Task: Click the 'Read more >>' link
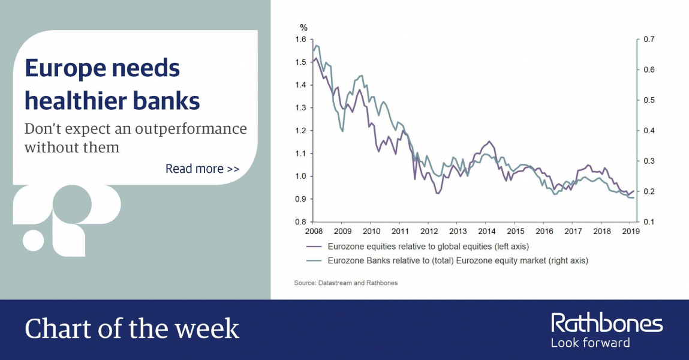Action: pyautogui.click(x=202, y=169)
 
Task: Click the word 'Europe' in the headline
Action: pyautogui.click(x=65, y=68)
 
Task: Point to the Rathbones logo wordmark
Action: pyautogui.click(x=607, y=323)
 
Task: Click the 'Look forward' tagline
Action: pyautogui.click(x=590, y=343)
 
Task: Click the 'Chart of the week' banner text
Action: pyautogui.click(x=132, y=329)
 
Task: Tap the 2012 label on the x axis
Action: pyautogui.click(x=429, y=231)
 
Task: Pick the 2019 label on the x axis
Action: pyautogui.click(x=631, y=231)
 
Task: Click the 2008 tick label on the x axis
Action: pyautogui.click(x=314, y=231)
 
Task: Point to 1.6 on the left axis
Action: pyautogui.click(x=300, y=40)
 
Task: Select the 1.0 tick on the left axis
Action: pyautogui.click(x=300, y=176)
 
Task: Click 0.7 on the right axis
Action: pyautogui.click(x=649, y=40)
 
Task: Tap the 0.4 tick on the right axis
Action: pyautogui.click(x=649, y=131)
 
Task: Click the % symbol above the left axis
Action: pyautogui.click(x=303, y=28)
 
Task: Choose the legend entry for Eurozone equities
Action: pyautogui.click(x=417, y=247)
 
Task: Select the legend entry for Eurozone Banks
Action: pyautogui.click(x=447, y=260)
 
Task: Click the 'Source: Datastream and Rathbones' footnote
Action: pyautogui.click(x=346, y=283)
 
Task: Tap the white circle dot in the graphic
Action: pyautogui.click(x=34, y=240)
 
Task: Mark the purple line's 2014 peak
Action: pyautogui.click(x=489, y=142)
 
